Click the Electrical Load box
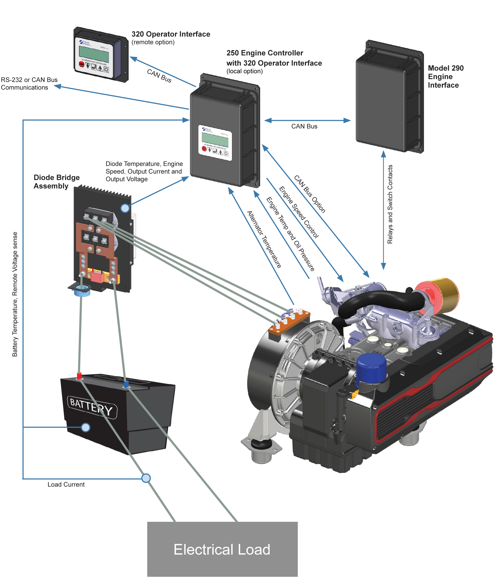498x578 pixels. pyautogui.click(x=222, y=549)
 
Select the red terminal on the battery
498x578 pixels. pyautogui.click(x=79, y=376)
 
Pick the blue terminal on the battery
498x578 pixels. pyautogui.click(x=126, y=384)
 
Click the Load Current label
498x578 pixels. pyautogui.click(x=66, y=485)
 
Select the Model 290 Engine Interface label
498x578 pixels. pyautogui.click(x=445, y=76)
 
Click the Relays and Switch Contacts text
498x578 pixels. pyautogui.click(x=390, y=204)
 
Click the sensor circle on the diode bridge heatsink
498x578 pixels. pyautogui.click(x=125, y=208)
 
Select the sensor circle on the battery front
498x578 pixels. pyautogui.click(x=86, y=427)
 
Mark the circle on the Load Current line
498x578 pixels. pyautogui.click(x=146, y=478)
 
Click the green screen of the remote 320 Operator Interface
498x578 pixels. pyautogui.click(x=94, y=54)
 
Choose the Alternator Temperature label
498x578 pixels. pyautogui.click(x=264, y=239)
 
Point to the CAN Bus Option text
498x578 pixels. pyautogui.click(x=310, y=194)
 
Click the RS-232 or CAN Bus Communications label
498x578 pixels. pyautogui.click(x=29, y=83)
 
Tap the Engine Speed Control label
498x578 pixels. pyautogui.click(x=299, y=212)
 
